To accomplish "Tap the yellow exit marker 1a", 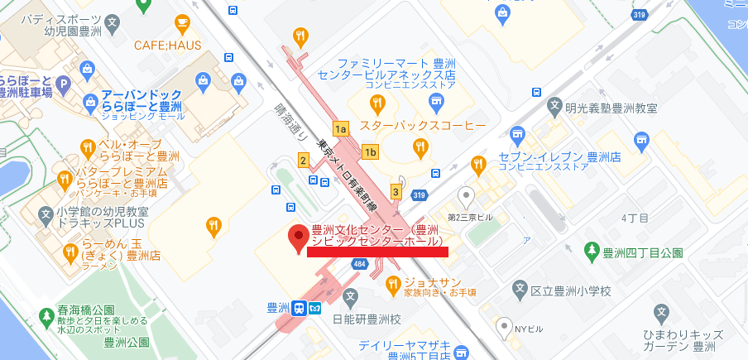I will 340,128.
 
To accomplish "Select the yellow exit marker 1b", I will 370,151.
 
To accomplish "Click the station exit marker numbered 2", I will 303,160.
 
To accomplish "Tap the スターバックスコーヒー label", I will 410,125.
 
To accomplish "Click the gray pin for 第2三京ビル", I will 467,197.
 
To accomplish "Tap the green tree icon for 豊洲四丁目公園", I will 592,251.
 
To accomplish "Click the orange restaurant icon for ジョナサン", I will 393,286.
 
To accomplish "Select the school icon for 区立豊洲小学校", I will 520,290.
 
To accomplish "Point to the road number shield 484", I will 359,264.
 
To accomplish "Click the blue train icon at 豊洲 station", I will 297,308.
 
